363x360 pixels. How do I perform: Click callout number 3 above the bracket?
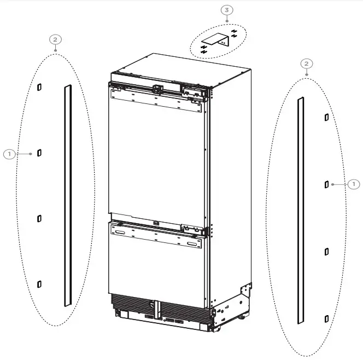pyautogui.click(x=227, y=10)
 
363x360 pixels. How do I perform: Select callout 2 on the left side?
pyautogui.click(x=55, y=39)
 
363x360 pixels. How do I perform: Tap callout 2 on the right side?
pyautogui.click(x=307, y=64)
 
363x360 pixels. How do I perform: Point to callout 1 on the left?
pyautogui.click(x=9, y=154)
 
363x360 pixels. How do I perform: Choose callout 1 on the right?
pyautogui.click(x=354, y=184)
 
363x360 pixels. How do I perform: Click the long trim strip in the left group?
pyautogui.click(x=68, y=194)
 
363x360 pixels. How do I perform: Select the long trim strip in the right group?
pyautogui.click(x=300, y=211)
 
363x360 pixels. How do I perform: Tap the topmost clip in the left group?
pyautogui.click(x=39, y=87)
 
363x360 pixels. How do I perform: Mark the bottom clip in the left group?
pyautogui.click(x=39, y=283)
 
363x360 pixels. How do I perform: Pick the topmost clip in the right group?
pyautogui.click(x=326, y=117)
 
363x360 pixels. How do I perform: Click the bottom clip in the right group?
pyautogui.click(x=326, y=318)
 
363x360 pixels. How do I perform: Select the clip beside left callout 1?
pyautogui.click(x=39, y=153)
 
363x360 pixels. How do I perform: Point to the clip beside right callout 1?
pyautogui.click(x=326, y=184)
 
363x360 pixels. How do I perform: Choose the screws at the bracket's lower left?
pyautogui.click(x=204, y=50)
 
